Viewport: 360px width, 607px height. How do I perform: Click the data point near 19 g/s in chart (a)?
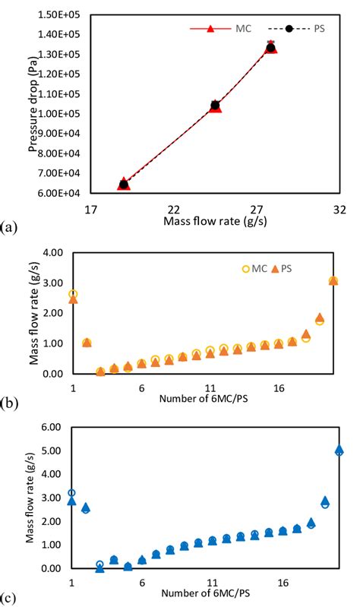pos(124,184)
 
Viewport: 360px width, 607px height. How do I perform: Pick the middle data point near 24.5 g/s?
pos(215,106)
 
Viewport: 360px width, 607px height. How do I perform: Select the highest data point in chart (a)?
pos(271,47)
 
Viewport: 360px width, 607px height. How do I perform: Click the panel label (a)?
pos(9,226)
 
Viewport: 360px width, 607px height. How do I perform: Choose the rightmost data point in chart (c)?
pos(339,451)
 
